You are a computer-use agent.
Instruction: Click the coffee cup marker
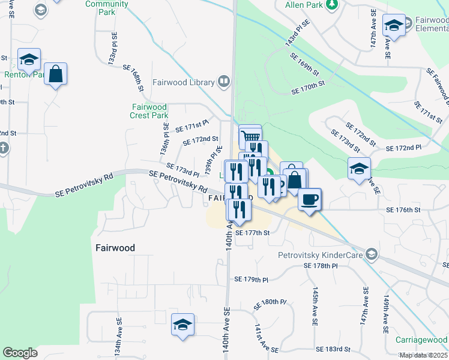click(x=310, y=199)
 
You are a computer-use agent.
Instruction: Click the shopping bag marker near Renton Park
click(x=55, y=74)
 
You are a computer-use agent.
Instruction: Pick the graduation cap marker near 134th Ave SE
click(x=182, y=325)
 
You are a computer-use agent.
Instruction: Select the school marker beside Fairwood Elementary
click(x=393, y=25)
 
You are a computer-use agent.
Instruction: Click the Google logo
click(x=20, y=353)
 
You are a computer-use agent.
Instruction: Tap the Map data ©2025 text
click(x=423, y=355)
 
